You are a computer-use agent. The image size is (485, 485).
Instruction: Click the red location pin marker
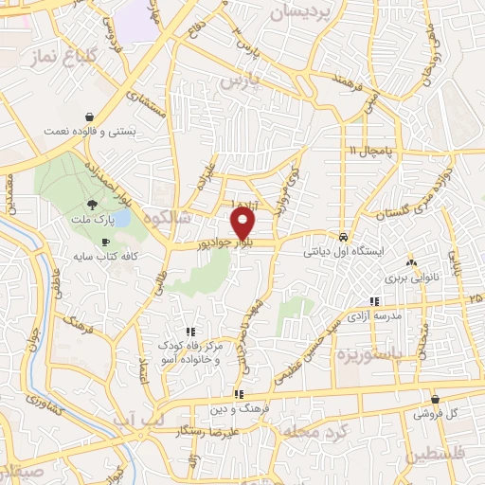244,224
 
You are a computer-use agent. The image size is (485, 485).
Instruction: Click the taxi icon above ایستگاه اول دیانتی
342,237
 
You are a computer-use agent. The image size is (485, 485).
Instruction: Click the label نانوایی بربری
409,280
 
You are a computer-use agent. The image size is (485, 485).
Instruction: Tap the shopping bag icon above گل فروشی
435,400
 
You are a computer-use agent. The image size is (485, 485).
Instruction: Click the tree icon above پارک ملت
92,204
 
